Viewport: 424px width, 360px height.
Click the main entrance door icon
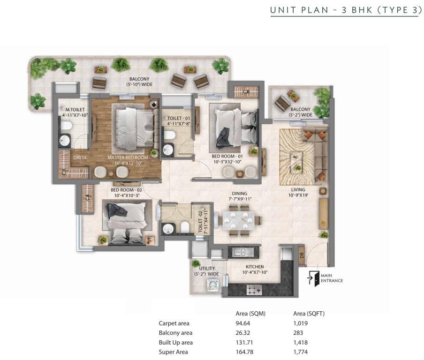coord(314,278)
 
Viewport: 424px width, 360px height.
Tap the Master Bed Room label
coord(128,157)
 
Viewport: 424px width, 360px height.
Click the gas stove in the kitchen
coord(254,290)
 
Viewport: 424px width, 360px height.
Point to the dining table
coord(238,220)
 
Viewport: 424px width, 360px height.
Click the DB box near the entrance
coord(302,255)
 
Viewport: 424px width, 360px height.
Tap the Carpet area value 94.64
coord(243,323)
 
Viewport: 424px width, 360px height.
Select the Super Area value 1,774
coord(301,352)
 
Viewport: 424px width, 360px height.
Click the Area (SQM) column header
coord(250,314)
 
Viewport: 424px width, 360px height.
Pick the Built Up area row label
coord(176,343)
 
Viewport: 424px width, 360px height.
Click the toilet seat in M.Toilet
coord(66,126)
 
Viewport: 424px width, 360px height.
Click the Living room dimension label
coord(298,195)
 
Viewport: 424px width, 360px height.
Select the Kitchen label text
coord(255,267)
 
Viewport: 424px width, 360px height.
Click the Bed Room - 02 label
coord(126,190)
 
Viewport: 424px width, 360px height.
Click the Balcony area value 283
coord(298,333)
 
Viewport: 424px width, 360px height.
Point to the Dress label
coord(80,157)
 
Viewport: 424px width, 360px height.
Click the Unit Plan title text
coord(346,10)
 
